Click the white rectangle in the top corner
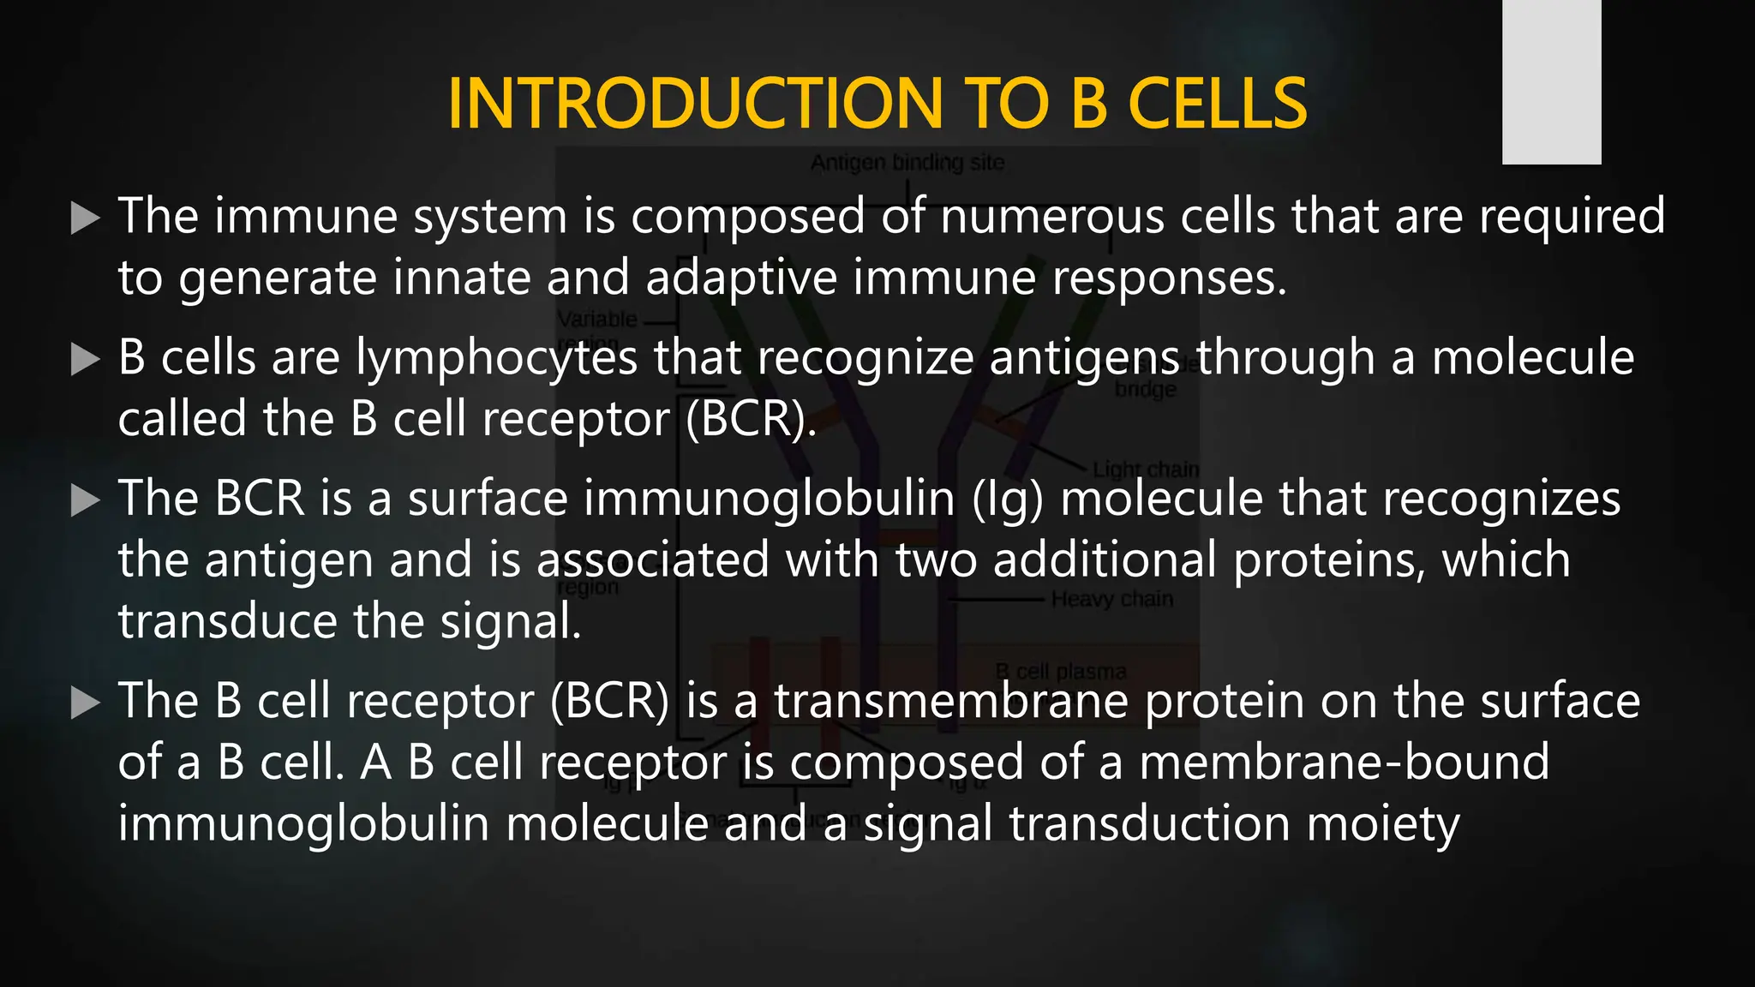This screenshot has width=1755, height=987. point(1551,82)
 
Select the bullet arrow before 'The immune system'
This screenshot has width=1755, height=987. point(85,218)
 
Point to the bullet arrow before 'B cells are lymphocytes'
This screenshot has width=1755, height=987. point(85,360)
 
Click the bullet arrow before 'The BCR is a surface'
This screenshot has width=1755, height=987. point(85,501)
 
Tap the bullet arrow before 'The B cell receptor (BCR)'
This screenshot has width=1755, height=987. point(85,703)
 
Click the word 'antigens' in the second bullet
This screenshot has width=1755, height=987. point(1085,358)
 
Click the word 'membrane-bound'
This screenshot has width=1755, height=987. point(1344,762)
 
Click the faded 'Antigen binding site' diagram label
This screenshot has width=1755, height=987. point(907,162)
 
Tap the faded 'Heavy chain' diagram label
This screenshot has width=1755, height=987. point(1111,599)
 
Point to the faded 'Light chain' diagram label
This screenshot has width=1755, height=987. point(1146,470)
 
